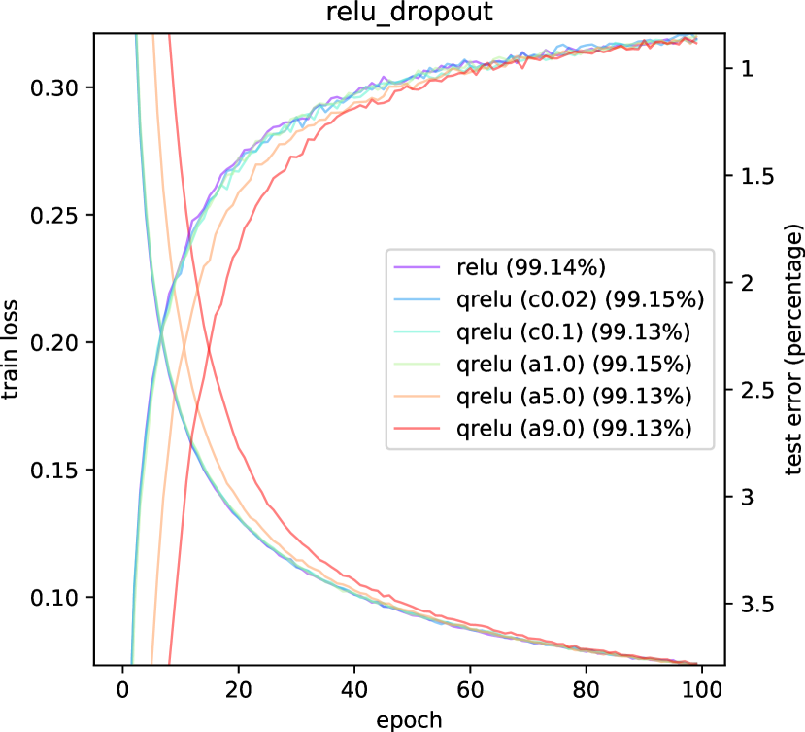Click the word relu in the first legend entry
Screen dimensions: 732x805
point(476,267)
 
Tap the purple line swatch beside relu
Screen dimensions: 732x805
point(417,267)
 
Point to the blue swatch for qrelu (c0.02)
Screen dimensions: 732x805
point(417,299)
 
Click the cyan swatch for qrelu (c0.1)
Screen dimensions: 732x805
point(417,331)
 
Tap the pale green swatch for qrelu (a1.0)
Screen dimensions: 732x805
point(417,365)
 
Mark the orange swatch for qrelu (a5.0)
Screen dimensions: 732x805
point(417,397)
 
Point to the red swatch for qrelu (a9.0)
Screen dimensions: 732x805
point(417,429)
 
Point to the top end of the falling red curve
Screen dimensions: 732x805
point(169,36)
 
